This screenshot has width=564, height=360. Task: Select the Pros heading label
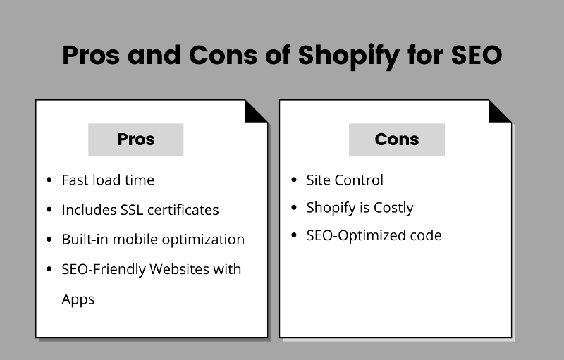(x=135, y=139)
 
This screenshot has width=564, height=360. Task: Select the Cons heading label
(x=397, y=139)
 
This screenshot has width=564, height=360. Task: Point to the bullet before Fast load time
(x=49, y=180)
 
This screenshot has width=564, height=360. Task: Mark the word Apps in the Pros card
(x=78, y=299)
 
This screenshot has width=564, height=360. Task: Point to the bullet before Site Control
(x=293, y=180)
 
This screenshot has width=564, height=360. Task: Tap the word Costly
(x=391, y=208)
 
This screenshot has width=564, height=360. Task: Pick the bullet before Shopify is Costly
(x=293, y=208)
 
